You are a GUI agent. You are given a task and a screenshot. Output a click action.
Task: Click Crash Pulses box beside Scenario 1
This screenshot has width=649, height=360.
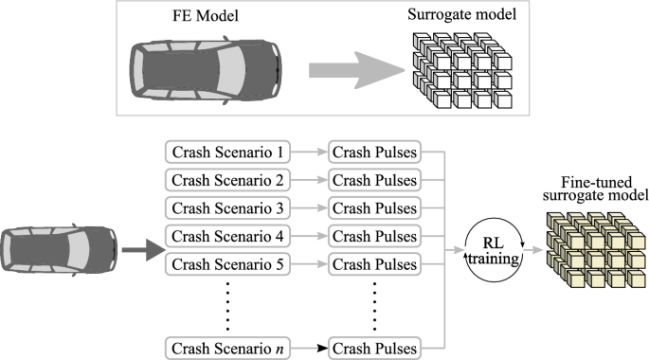pos(373,152)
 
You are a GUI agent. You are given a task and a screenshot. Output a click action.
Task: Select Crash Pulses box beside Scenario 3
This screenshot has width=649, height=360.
pos(373,207)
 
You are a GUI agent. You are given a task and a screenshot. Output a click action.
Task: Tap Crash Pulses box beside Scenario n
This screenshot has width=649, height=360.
pos(373,349)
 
